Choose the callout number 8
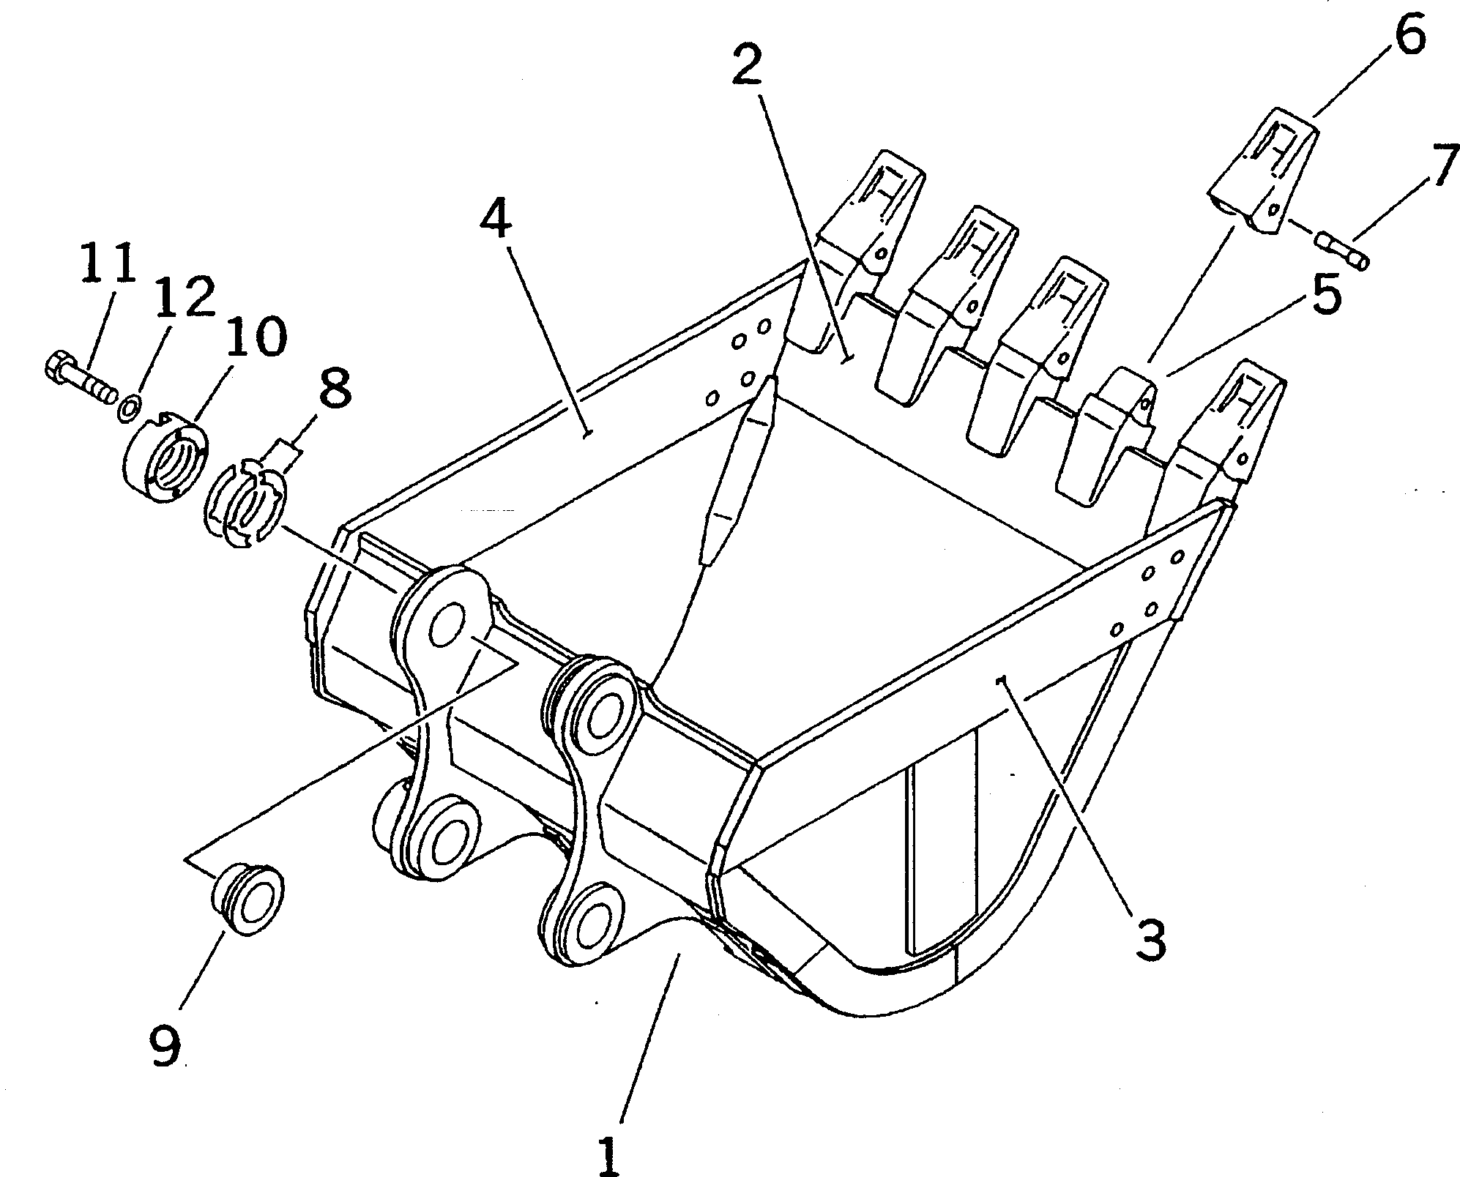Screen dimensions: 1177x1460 coord(332,386)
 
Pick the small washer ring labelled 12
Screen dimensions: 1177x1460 coord(130,407)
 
